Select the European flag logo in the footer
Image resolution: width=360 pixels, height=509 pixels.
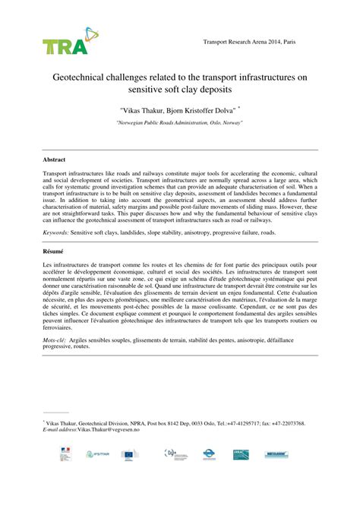130,454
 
